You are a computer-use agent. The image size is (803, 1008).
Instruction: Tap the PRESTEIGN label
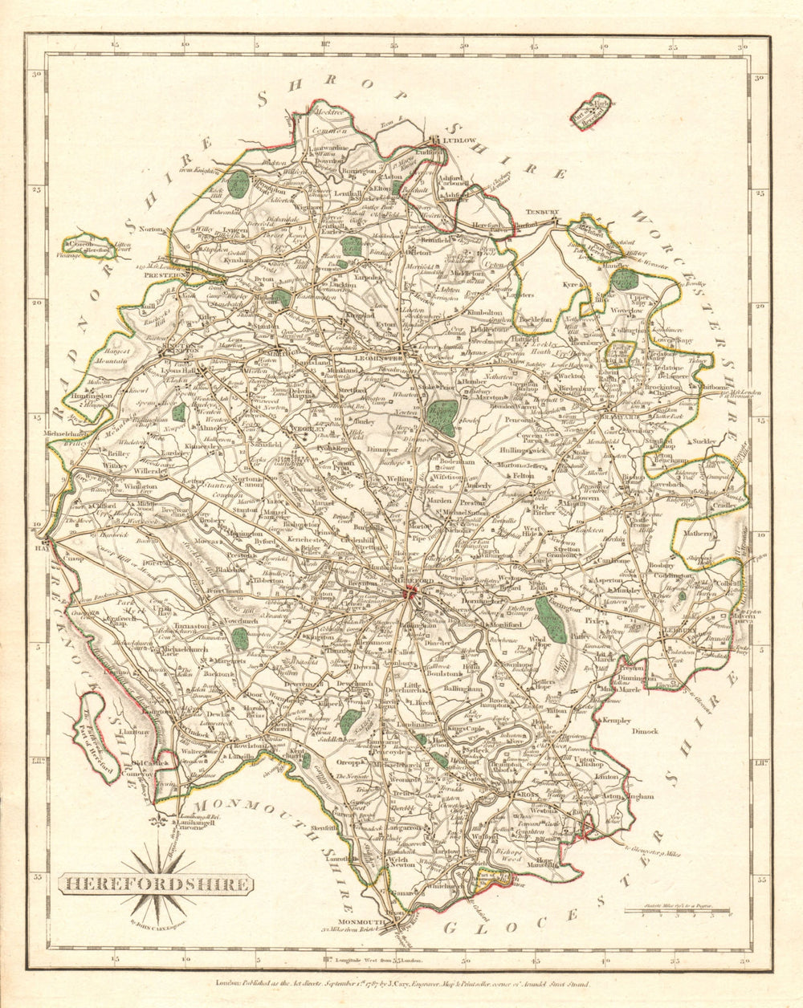(x=167, y=274)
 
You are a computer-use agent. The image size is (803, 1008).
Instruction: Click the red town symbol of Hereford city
(x=411, y=593)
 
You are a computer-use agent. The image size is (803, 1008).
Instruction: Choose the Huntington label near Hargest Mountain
(x=89, y=396)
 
